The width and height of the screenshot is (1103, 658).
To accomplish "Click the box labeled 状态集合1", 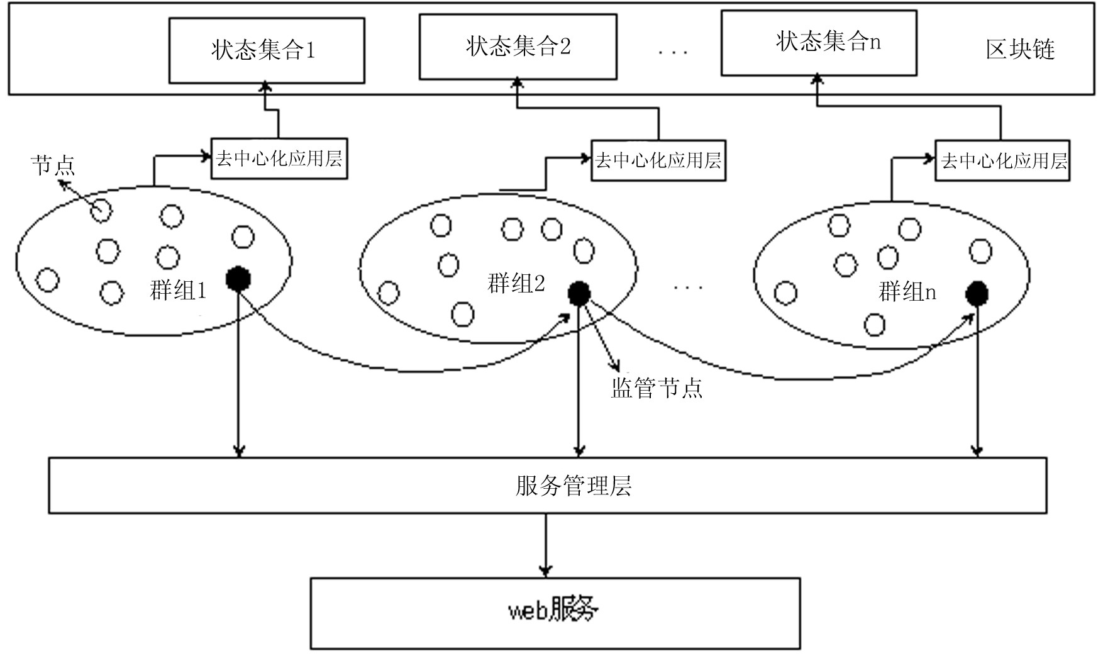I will [267, 50].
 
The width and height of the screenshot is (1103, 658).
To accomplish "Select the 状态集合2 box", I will [518, 47].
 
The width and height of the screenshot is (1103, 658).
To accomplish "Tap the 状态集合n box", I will [818, 43].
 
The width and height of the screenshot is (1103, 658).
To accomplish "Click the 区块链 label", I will [1019, 50].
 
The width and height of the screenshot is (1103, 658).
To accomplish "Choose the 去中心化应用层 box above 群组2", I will [658, 160].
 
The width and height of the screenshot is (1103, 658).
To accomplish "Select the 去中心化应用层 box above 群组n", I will [1002, 160].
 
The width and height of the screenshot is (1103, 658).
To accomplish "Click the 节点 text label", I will [53, 165].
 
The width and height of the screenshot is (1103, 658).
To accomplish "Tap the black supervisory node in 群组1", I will [238, 279].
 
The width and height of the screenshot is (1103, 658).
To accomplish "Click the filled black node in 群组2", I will [579, 293].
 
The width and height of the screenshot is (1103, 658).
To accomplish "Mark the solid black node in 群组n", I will [977, 293].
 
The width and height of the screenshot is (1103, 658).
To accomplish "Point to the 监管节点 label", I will [656, 388].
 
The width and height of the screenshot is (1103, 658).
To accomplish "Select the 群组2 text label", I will [516, 284].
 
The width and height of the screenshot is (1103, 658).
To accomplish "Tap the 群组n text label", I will [907, 292].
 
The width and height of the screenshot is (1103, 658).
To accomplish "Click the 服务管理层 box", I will [547, 486].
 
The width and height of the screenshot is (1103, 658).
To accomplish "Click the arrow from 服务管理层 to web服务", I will [545, 545].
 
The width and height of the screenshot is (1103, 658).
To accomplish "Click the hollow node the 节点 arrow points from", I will [101, 211].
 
